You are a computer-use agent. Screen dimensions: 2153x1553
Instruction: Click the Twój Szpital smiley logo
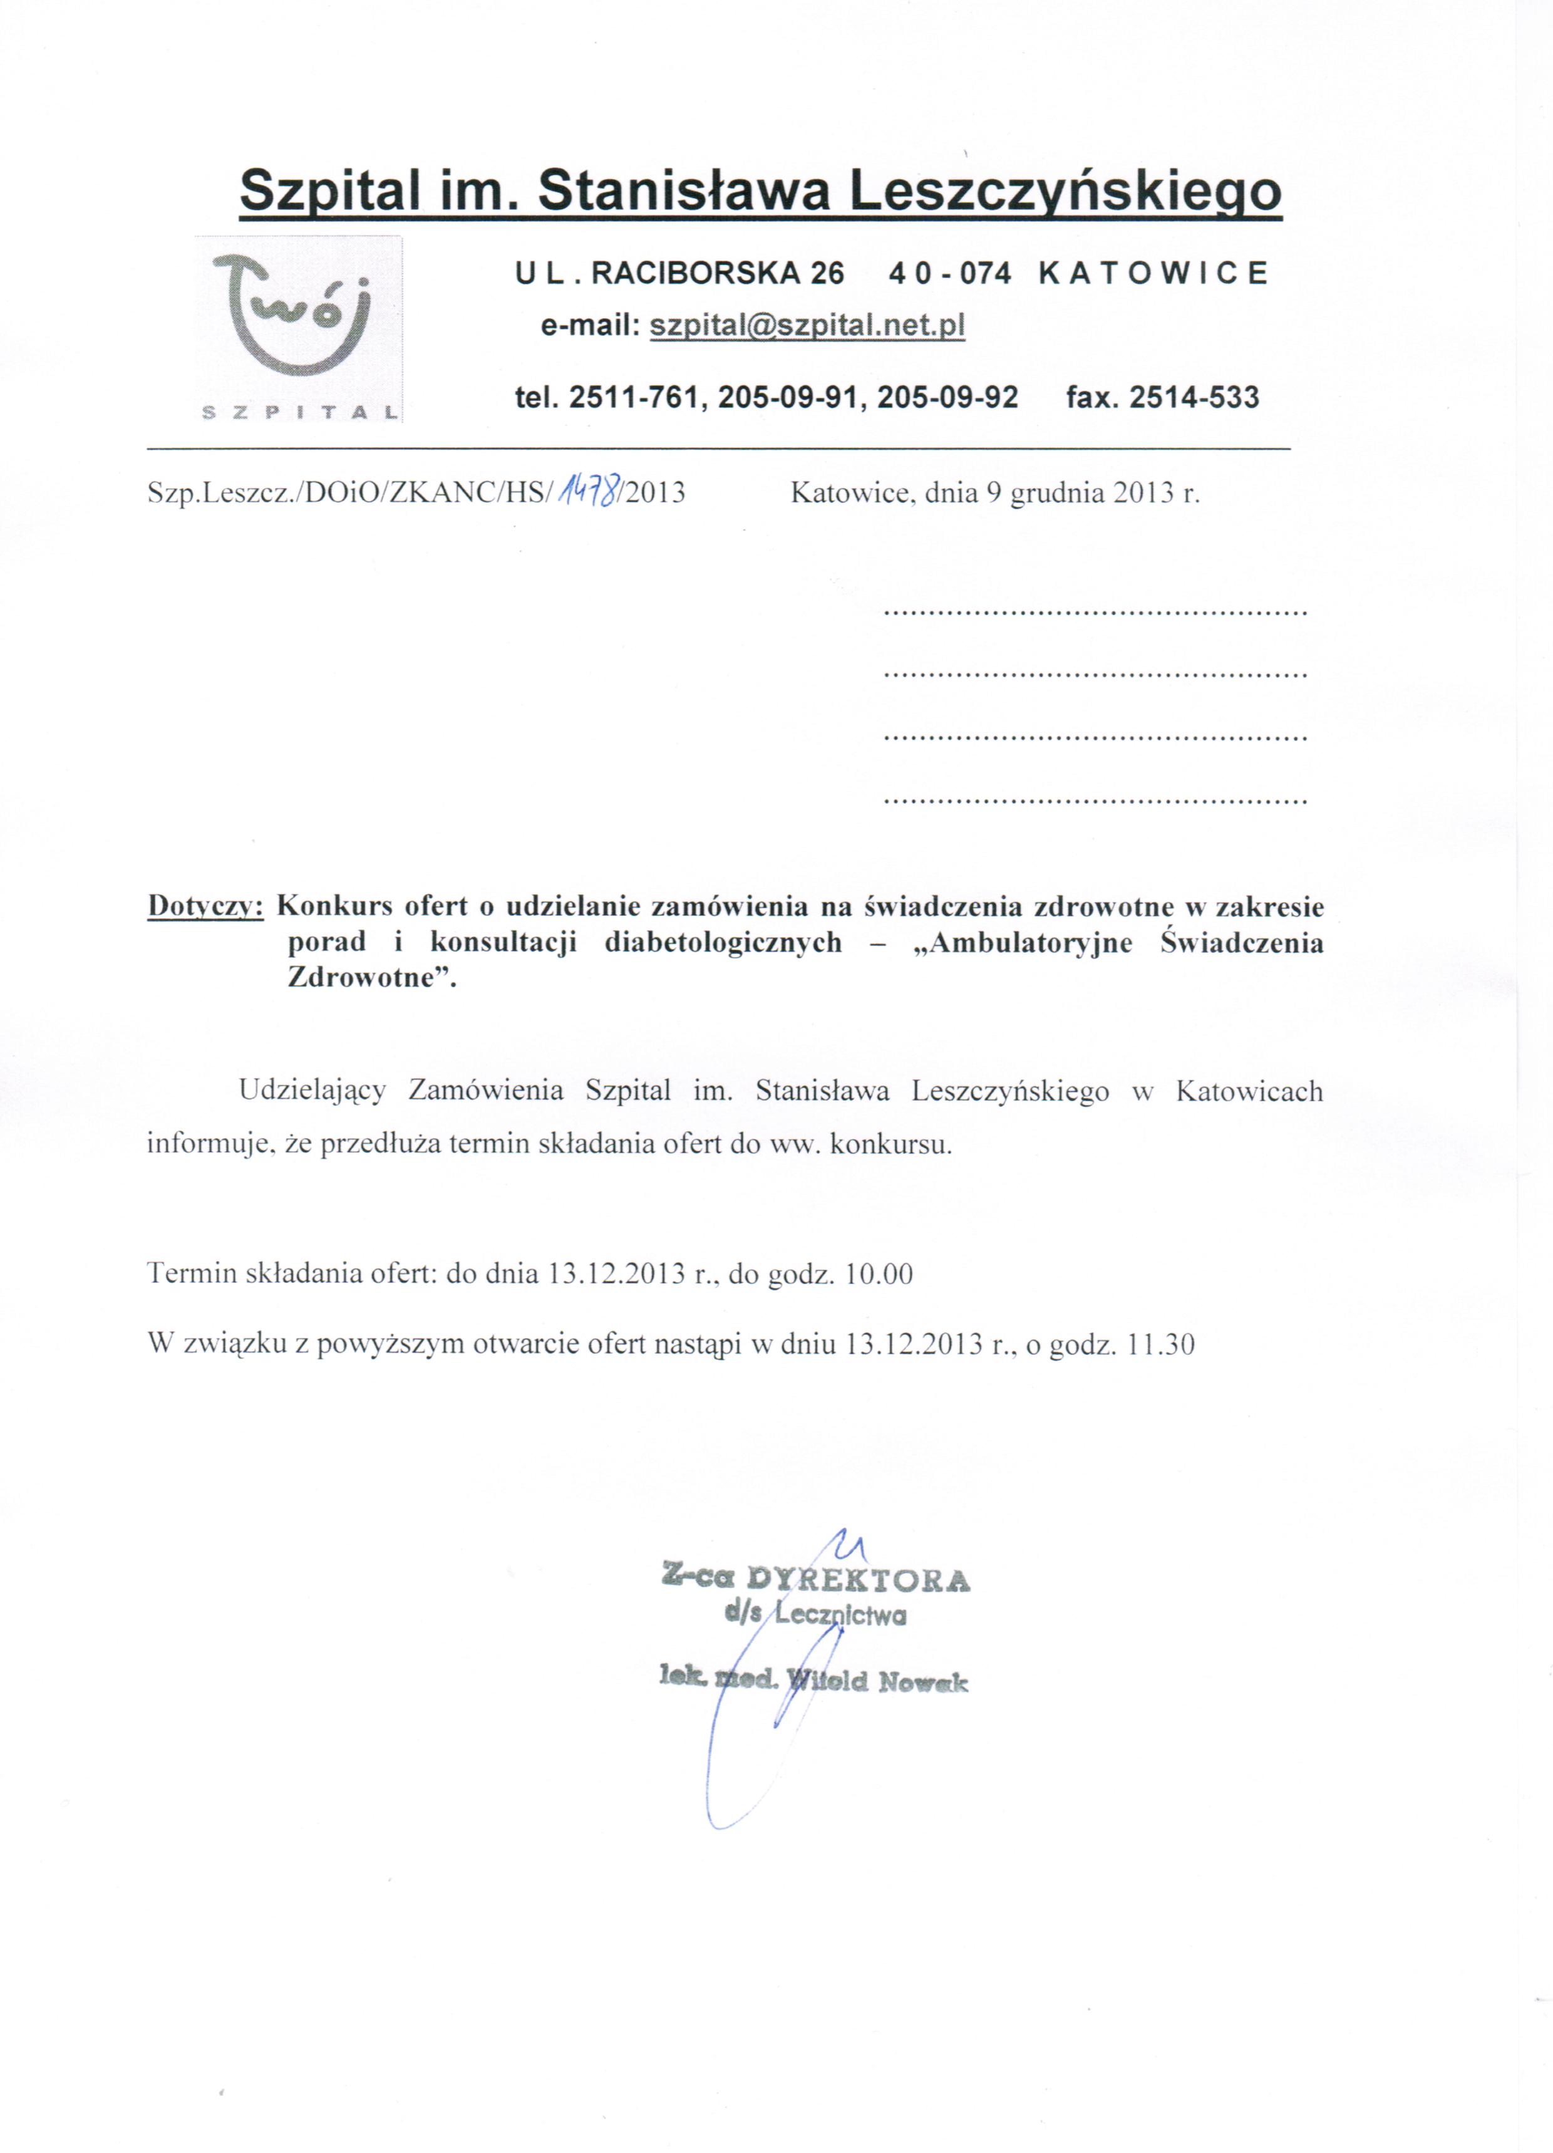coord(297,328)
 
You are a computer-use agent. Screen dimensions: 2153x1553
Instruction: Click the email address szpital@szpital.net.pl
coord(807,326)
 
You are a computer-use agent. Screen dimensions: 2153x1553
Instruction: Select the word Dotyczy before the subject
coord(204,906)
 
